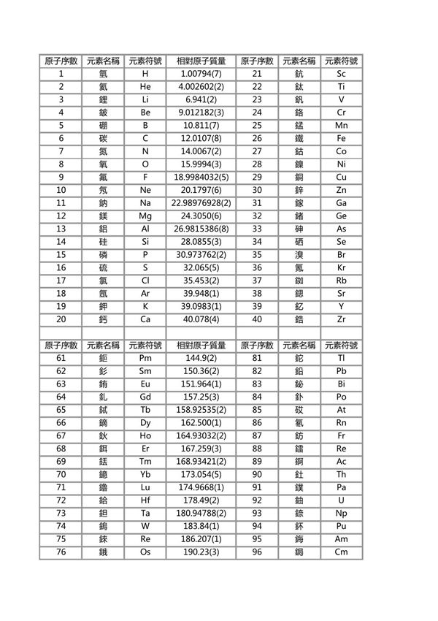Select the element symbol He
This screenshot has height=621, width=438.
145,87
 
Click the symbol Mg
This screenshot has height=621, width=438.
145,216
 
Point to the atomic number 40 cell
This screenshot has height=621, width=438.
256,319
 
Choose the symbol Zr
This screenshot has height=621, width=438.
341,319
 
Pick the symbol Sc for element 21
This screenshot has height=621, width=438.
341,74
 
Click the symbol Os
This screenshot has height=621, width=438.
145,552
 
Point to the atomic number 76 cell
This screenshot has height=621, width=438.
61,552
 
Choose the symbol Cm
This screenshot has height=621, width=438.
341,552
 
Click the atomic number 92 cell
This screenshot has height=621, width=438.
256,500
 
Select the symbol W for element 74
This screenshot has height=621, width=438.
145,526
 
